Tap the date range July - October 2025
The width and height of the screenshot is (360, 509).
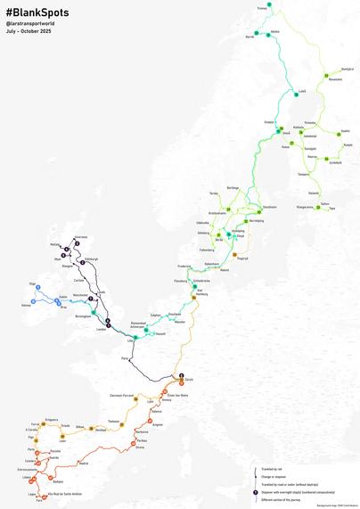tap(29, 31)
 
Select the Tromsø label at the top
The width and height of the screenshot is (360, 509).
tap(261, 8)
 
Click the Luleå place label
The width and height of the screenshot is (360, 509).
tap(301, 90)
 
